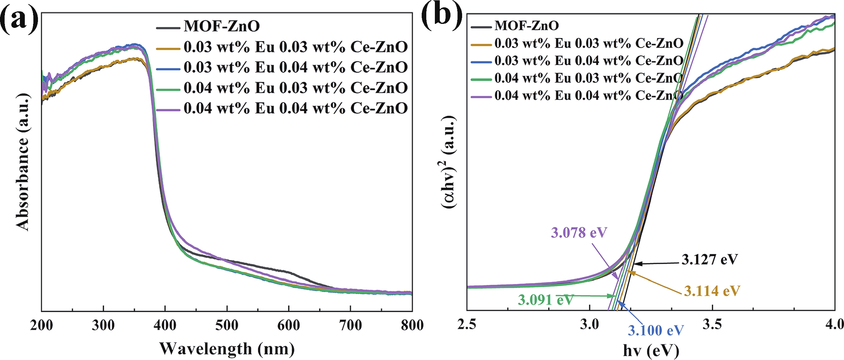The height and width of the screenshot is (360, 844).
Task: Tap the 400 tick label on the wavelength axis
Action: [165, 325]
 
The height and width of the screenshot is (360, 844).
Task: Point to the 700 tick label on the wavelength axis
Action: [350, 325]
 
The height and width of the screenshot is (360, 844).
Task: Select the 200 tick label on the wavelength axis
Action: [42, 325]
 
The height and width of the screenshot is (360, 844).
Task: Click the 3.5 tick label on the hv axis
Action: [712, 324]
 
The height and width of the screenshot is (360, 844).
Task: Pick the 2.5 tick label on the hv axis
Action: [467, 324]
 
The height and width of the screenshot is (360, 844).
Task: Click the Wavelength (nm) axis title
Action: [227, 349]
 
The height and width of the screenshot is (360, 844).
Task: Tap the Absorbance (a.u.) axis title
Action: [22, 162]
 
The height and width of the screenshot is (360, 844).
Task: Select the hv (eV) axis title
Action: [651, 351]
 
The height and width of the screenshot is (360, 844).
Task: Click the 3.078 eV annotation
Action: [578, 233]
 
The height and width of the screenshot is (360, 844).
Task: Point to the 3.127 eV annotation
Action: [709, 259]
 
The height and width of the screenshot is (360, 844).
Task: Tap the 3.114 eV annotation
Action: [712, 291]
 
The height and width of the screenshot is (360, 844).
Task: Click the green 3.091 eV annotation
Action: [545, 300]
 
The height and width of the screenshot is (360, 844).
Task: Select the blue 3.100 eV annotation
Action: [656, 331]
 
